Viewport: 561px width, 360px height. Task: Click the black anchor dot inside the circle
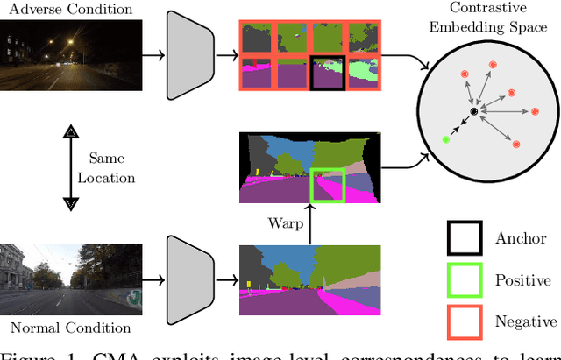pyautogui.click(x=474, y=112)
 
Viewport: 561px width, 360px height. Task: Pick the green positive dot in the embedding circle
pyautogui.click(x=446, y=139)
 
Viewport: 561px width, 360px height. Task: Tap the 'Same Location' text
pyautogui.click(x=112, y=168)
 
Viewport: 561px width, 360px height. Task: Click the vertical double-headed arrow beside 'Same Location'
pyautogui.click(x=67, y=168)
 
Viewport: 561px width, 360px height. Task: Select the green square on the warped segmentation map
pyautogui.click(x=327, y=185)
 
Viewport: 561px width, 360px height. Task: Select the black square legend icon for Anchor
pyautogui.click(x=464, y=238)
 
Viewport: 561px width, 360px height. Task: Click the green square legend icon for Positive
pyautogui.click(x=464, y=280)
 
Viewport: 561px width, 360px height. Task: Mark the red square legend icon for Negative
pyautogui.click(x=464, y=321)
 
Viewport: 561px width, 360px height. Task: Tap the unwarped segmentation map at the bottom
pyautogui.click(x=310, y=280)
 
